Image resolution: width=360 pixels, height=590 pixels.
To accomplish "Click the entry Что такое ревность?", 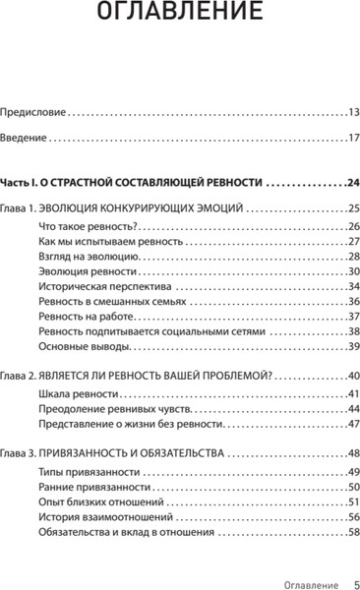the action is tap(80, 226).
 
